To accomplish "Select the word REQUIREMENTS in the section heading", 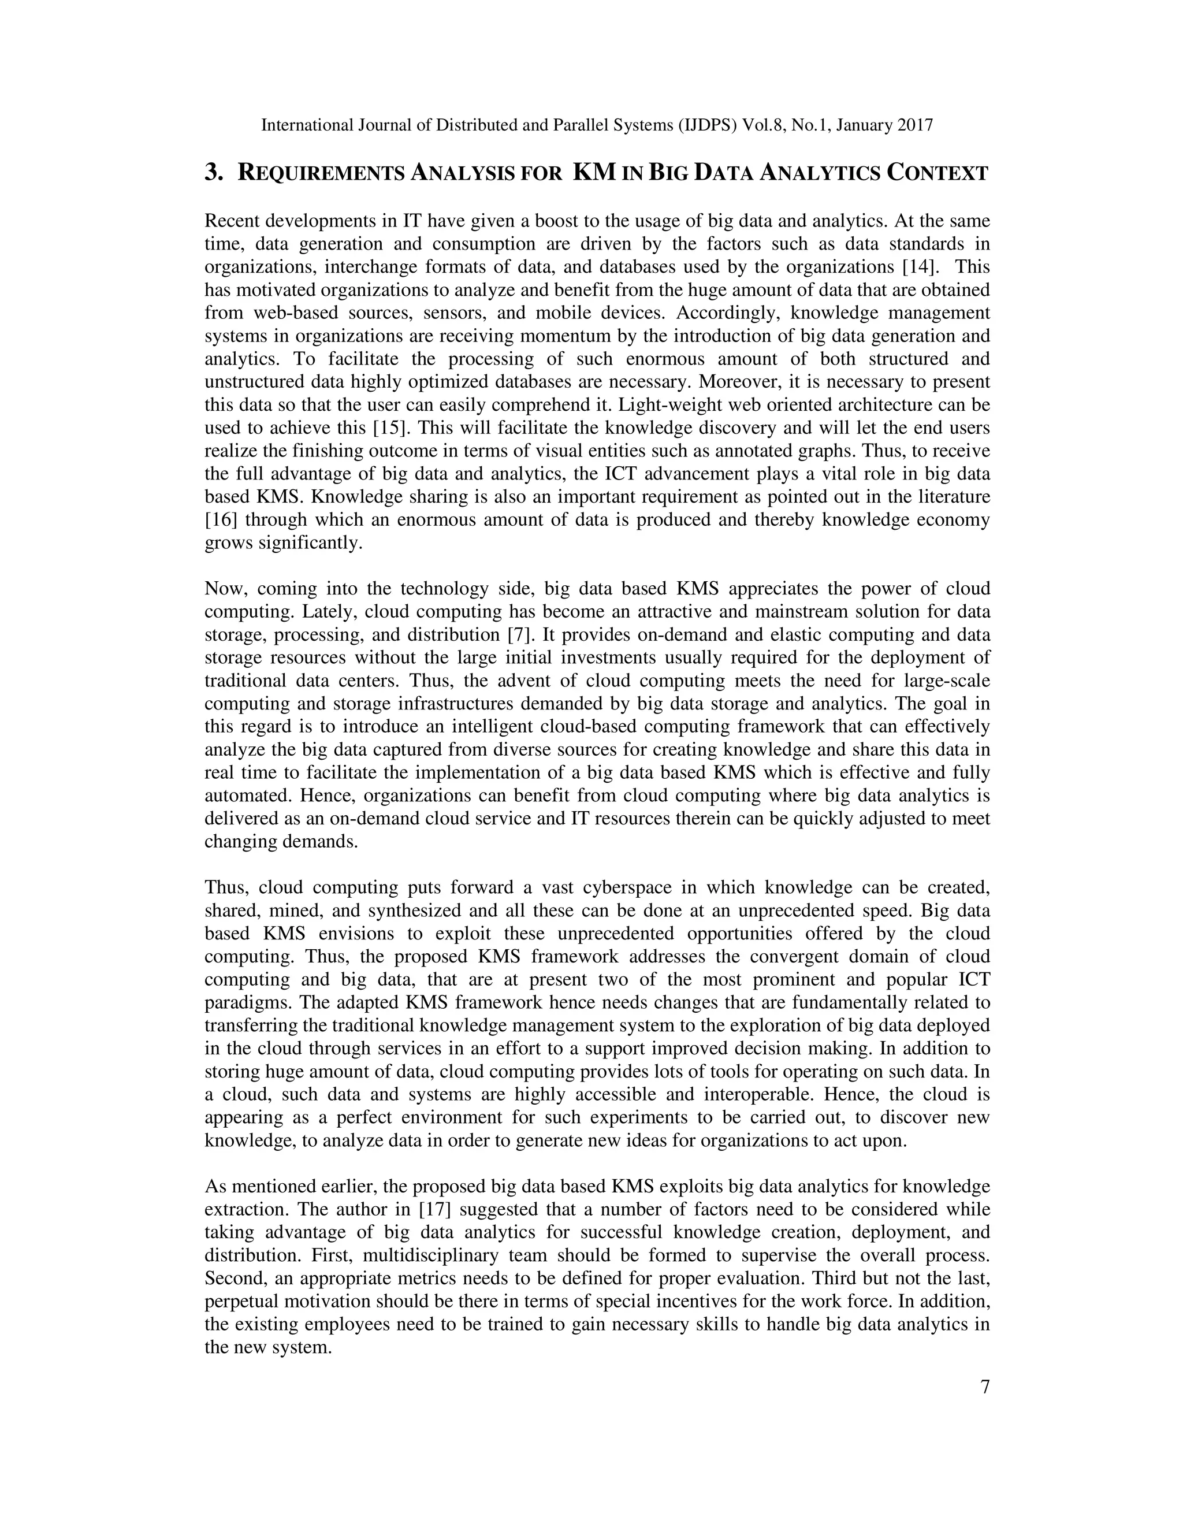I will click(x=321, y=173).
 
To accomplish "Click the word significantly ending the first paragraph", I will click(x=310, y=543).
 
